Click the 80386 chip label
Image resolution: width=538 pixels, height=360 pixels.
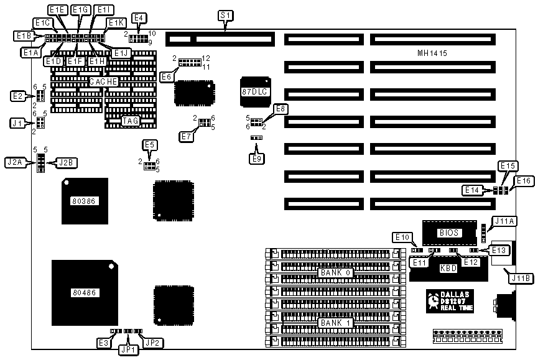coord(83,201)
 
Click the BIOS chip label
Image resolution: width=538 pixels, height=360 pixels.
coord(448,233)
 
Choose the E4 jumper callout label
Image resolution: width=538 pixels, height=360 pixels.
coord(139,18)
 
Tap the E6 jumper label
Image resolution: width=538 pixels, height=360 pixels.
coord(166,76)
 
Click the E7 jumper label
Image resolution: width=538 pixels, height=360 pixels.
coord(185,136)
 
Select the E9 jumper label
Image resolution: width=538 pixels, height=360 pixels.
coord(256,158)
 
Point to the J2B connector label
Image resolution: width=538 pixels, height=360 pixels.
coord(65,163)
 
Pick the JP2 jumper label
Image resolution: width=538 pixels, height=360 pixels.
coord(151,342)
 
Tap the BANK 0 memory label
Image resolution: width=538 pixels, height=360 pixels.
coord(336,272)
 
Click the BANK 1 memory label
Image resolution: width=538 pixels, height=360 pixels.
coord(336,323)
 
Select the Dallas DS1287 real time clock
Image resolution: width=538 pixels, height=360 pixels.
coord(450,300)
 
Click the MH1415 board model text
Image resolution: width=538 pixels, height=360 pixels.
coord(432,53)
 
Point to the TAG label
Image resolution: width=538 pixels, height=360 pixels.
coord(130,121)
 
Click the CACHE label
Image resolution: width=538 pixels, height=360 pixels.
coord(104,81)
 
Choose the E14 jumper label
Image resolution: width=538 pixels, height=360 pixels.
coord(471,190)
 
